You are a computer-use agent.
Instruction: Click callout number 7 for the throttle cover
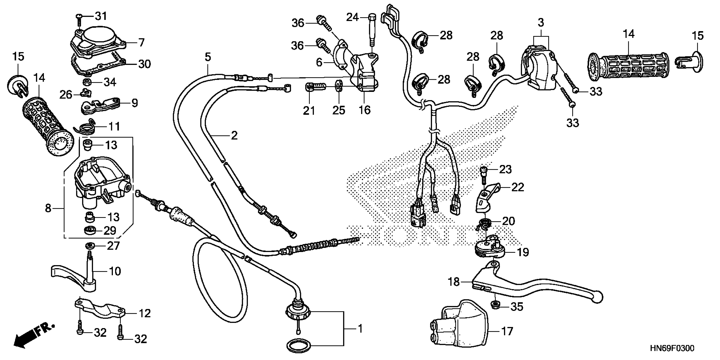tap(142, 43)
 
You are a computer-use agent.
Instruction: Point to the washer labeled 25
tap(338, 86)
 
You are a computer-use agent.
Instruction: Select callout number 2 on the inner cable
tap(234, 136)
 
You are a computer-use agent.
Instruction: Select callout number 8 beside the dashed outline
tap(48, 208)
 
